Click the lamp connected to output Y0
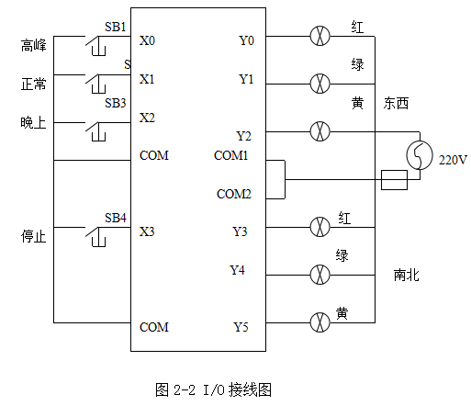click(320, 36)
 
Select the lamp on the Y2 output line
click(320, 131)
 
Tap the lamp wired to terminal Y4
click(320, 275)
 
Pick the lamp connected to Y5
click(320, 322)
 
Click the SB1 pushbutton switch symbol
click(95, 45)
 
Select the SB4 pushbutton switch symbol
click(95, 236)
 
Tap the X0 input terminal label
click(147, 40)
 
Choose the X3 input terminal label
click(147, 231)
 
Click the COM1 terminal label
click(230, 155)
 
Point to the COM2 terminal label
click(234, 194)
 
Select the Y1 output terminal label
click(246, 79)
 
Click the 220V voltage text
click(453, 160)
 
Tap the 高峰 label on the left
click(34, 45)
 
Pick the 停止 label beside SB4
click(34, 236)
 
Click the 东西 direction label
click(396, 103)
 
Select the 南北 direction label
click(406, 275)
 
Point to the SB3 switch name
click(116, 103)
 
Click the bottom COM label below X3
click(154, 327)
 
